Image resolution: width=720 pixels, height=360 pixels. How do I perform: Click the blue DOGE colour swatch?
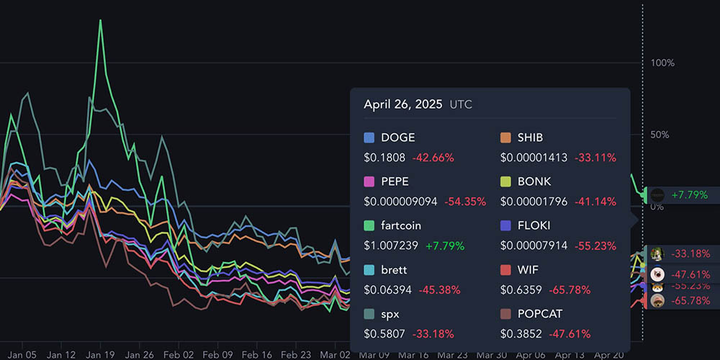click(x=369, y=138)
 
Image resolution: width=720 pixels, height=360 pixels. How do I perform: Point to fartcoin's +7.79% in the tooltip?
click(x=445, y=246)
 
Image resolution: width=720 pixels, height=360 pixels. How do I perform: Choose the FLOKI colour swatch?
click(x=505, y=225)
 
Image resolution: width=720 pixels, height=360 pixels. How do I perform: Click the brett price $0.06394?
click(x=387, y=289)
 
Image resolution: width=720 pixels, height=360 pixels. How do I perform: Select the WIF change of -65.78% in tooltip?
click(x=570, y=289)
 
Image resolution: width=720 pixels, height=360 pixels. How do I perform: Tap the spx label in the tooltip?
click(x=390, y=314)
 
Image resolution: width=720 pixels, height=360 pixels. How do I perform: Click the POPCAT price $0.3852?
click(x=521, y=334)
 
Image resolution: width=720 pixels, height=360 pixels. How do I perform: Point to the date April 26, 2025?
click(x=402, y=104)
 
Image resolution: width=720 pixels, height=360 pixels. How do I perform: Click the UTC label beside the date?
click(x=461, y=105)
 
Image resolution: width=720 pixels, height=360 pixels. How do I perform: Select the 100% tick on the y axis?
click(x=662, y=63)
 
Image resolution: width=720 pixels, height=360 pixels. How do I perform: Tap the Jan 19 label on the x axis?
click(x=100, y=355)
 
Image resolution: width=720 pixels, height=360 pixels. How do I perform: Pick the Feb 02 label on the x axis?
click(x=178, y=355)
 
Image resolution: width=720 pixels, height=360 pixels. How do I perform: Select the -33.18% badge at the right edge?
click(x=690, y=253)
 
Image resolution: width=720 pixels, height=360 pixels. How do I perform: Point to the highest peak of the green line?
click(x=100, y=20)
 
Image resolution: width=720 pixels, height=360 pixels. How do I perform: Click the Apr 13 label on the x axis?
click(x=570, y=355)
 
